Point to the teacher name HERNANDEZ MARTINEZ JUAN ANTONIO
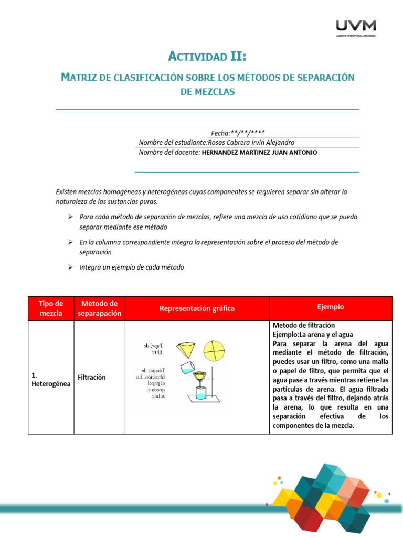pyautogui.click(x=259, y=152)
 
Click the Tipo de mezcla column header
pyautogui.click(x=51, y=308)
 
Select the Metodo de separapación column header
pyautogui.click(x=99, y=308)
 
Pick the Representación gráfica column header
pyautogui.click(x=197, y=308)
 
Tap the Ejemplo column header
pyautogui.click(x=331, y=307)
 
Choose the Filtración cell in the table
pyautogui.click(x=92, y=377)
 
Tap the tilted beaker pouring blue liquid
pyautogui.click(x=188, y=368)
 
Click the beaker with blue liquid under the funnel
pyautogui.click(x=203, y=394)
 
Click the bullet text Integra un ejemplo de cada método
pyautogui.click(x=132, y=267)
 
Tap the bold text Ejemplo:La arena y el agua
pyautogui.click(x=313, y=334)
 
